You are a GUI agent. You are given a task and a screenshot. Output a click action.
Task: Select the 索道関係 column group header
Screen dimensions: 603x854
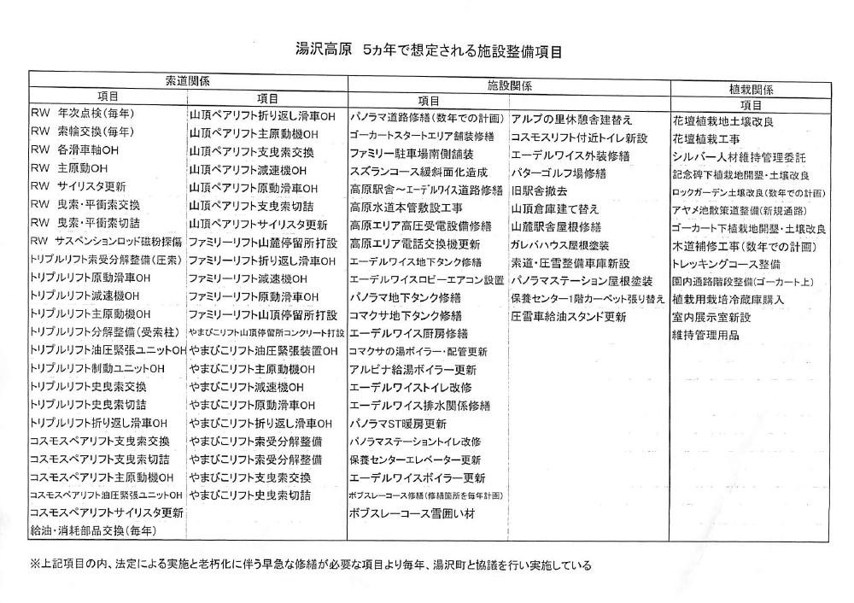pyautogui.click(x=187, y=80)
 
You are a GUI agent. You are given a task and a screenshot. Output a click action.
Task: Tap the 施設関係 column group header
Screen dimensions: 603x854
pyautogui.click(x=510, y=85)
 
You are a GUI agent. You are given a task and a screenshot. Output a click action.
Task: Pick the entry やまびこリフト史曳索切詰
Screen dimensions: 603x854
pyautogui.click(x=250, y=495)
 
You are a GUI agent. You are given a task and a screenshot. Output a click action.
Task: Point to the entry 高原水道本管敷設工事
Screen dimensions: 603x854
pyautogui.click(x=406, y=208)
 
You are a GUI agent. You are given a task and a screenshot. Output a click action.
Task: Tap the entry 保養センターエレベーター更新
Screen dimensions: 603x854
pyautogui.click(x=416, y=460)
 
